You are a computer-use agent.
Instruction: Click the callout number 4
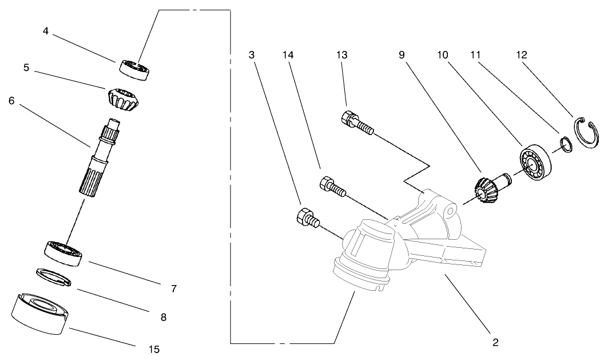45,31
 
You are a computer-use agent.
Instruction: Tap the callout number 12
521,56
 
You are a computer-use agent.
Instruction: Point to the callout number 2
495,342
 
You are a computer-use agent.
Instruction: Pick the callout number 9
402,56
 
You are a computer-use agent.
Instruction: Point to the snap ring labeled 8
54,275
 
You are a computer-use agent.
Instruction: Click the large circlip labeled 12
587,134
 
